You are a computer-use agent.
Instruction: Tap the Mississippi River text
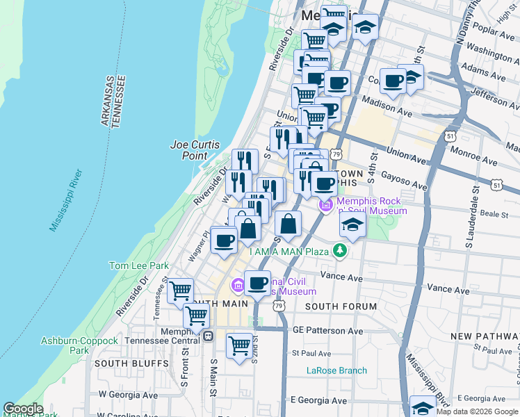click(66, 200)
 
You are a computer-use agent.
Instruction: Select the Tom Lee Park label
click(139, 265)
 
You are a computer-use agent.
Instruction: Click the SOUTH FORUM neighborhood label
click(341, 306)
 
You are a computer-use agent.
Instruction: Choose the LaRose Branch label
click(336, 370)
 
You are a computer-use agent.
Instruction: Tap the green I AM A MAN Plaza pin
click(339, 250)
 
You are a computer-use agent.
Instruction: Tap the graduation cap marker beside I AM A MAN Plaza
click(353, 224)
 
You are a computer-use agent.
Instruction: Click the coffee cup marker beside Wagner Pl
click(224, 240)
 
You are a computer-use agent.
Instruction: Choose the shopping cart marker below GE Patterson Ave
click(239, 345)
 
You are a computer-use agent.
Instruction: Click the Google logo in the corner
click(24, 409)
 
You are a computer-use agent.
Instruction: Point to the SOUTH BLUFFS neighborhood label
click(122, 363)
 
